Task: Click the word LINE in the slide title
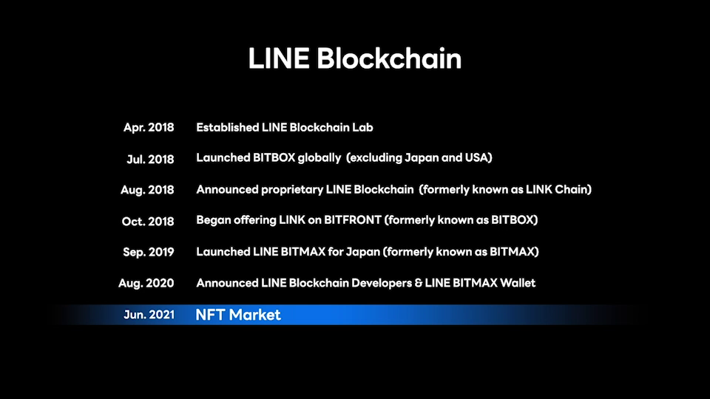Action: (x=279, y=58)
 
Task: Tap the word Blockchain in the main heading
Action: (x=389, y=58)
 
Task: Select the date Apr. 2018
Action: (x=149, y=128)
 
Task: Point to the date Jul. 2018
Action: (x=150, y=160)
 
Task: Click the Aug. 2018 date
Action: (x=147, y=190)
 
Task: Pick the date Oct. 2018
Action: (x=148, y=221)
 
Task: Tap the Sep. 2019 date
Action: (x=149, y=252)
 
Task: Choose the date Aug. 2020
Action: (x=146, y=283)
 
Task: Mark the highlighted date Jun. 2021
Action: (x=149, y=315)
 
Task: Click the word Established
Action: (x=227, y=128)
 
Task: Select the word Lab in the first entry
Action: (x=362, y=128)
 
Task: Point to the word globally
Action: (x=319, y=158)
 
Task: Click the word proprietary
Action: (x=292, y=190)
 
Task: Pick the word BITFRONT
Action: (x=353, y=220)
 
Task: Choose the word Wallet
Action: (x=518, y=283)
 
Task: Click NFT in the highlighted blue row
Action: (x=210, y=315)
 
